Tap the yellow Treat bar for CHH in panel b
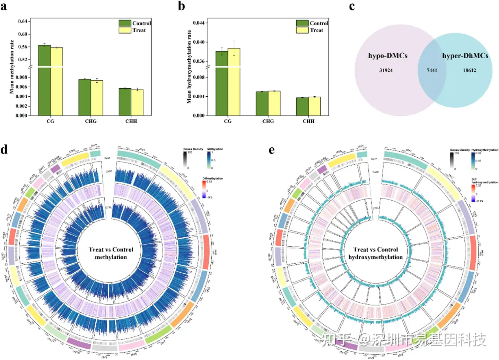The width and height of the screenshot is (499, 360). [314, 106]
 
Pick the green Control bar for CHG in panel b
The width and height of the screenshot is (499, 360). [262, 103]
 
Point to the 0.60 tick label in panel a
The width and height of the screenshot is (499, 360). [23, 34]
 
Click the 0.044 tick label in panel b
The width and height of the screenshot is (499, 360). [199, 23]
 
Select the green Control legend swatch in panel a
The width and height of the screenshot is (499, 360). [125, 23]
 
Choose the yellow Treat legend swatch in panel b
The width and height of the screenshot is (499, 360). [302, 30]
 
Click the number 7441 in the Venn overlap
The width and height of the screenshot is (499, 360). [432, 70]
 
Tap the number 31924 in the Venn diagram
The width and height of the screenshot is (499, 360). [386, 70]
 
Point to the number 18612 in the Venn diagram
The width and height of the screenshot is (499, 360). [470, 70]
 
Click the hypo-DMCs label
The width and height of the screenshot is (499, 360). [388, 56]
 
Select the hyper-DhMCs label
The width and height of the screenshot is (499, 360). [465, 56]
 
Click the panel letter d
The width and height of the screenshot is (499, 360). [4, 150]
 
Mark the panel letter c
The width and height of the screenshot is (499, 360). [352, 6]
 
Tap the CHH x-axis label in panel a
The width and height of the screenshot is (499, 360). [131, 121]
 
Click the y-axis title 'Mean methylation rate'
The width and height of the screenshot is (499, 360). [12, 67]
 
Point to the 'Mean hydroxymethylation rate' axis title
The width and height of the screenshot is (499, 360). [189, 67]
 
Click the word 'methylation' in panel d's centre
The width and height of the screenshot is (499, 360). [111, 257]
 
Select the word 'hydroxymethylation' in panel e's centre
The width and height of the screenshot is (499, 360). [376, 257]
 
